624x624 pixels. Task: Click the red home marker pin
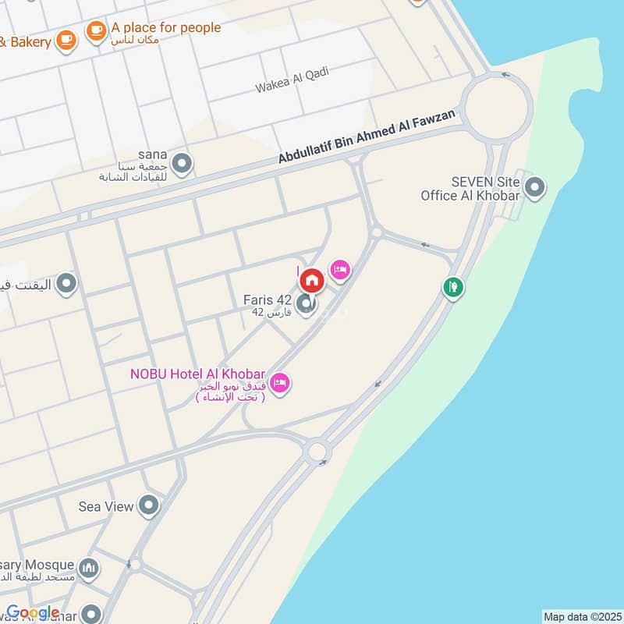click(311, 280)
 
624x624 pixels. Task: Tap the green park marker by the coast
click(452, 287)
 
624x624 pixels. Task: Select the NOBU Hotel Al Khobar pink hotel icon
click(281, 382)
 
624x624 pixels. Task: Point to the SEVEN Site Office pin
click(534, 187)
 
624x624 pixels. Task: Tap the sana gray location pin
click(182, 164)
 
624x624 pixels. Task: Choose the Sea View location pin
click(148, 506)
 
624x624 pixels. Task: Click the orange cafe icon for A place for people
click(96, 31)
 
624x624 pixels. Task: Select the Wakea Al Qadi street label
click(292, 80)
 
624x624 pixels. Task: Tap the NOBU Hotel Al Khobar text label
click(198, 374)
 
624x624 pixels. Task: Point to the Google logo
click(33, 612)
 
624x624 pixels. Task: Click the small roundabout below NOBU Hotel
click(317, 450)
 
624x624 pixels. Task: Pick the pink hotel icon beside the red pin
click(340, 270)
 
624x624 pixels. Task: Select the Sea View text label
click(106, 506)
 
